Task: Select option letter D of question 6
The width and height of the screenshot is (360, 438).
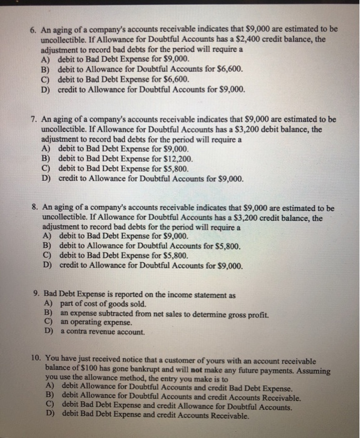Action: click(x=46, y=90)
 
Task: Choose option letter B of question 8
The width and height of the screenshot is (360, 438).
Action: click(x=46, y=247)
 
